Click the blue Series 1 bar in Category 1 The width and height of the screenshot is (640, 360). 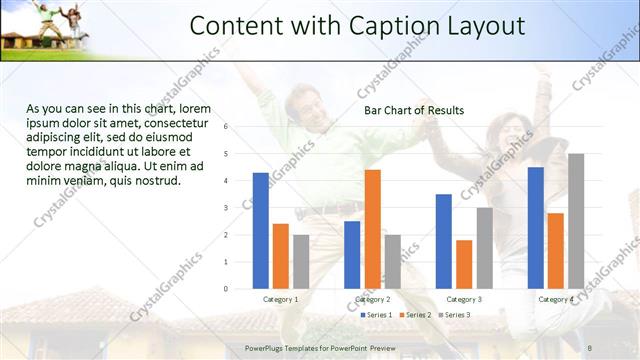coord(261,230)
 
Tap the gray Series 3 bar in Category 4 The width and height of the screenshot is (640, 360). coord(576,220)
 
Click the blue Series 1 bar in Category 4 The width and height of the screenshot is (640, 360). coord(536,227)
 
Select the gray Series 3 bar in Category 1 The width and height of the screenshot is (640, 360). coord(301,261)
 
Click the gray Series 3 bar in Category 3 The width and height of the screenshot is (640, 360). coord(484,247)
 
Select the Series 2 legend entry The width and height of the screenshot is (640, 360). coord(414,315)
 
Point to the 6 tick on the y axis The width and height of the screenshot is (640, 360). coord(227,127)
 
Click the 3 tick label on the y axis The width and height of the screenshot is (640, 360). coord(227,208)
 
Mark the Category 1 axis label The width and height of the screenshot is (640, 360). coord(281,299)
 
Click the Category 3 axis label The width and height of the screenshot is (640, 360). coord(464,299)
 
